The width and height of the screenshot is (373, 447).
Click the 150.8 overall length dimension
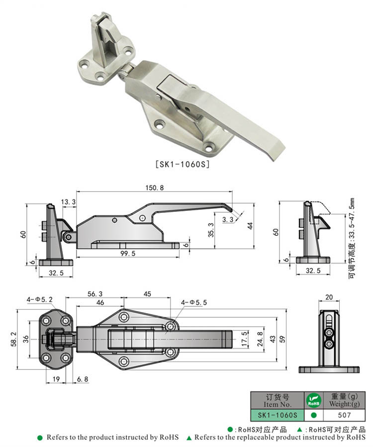(154, 187)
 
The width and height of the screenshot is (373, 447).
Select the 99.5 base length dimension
(128, 253)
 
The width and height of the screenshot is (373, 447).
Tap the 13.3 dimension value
(69, 201)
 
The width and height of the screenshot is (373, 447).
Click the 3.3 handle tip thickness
(228, 219)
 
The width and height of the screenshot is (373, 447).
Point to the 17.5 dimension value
(244, 339)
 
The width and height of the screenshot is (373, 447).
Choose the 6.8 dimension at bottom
(83, 379)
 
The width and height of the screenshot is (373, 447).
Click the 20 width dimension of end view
(329, 297)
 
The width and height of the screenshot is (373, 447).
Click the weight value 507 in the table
(345, 415)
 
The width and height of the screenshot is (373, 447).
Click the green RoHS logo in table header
(313, 399)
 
